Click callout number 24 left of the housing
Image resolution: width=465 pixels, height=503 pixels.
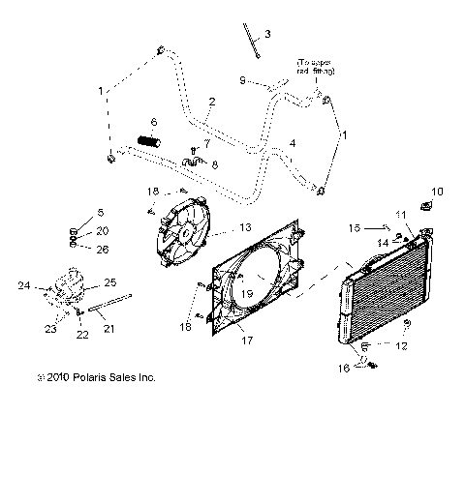pos(24,286)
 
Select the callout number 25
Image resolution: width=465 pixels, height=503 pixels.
pos(109,281)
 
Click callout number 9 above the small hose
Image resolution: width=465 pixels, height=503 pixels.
pos(242,79)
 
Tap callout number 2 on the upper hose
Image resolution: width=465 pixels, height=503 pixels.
pos(211,102)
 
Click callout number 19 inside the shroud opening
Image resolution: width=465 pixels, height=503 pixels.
pos(248,292)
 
